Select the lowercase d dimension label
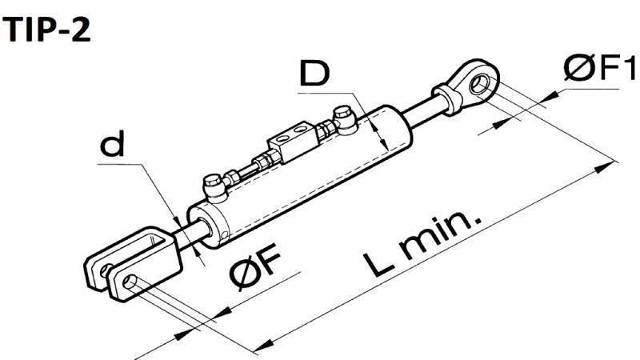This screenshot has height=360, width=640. point(116,146)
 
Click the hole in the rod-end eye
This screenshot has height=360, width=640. point(480,83)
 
